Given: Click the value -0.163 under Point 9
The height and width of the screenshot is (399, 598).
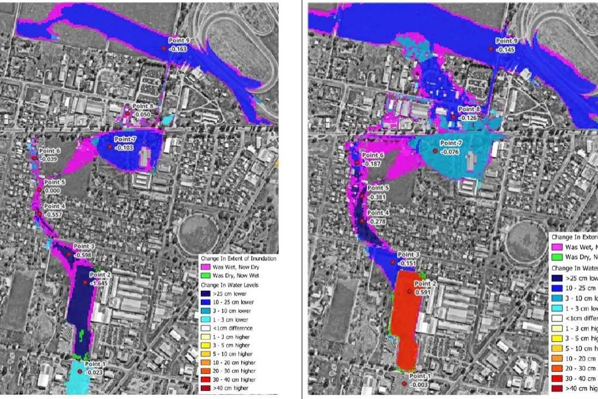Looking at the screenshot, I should [178, 49].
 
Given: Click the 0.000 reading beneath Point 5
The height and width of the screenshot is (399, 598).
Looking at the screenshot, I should [53, 190].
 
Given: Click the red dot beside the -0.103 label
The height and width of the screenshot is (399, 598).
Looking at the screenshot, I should [110, 147].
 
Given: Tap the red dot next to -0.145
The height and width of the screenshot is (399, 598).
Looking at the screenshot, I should [491, 49].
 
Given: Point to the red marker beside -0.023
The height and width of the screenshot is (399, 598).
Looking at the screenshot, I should [80, 371].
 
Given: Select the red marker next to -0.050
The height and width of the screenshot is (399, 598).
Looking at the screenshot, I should [127, 114].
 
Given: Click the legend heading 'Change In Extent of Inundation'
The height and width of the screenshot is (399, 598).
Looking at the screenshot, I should [238, 258].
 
